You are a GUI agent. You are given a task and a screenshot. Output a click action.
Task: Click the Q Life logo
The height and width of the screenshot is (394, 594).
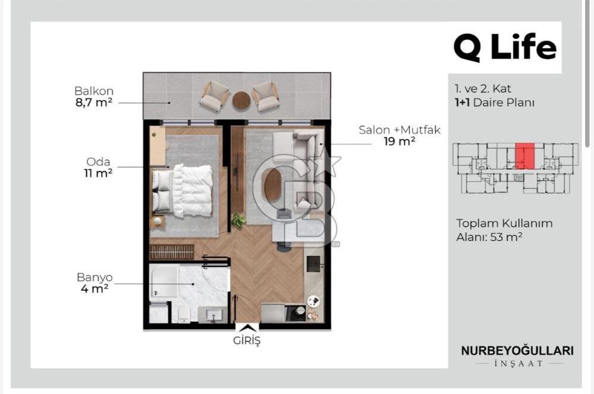(505, 47)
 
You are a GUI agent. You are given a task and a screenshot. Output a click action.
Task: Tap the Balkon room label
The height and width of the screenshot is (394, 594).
(94, 91)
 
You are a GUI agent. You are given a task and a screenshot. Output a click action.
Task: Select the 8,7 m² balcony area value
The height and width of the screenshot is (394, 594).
(94, 103)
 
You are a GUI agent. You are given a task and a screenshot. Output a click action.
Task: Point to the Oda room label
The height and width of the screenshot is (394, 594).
(98, 161)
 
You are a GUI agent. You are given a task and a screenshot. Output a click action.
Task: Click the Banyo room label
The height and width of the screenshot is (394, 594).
(94, 278)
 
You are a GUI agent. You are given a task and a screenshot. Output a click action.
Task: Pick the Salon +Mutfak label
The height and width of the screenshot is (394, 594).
(399, 130)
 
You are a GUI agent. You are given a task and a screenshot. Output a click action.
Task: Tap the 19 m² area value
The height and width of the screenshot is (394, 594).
(399, 142)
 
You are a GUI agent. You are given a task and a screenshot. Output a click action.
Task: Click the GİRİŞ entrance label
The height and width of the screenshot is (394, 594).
(247, 340)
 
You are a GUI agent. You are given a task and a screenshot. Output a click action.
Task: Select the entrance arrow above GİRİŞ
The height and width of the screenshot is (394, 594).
(247, 328)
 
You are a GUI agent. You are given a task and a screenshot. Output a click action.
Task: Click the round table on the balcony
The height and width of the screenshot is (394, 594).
(241, 101)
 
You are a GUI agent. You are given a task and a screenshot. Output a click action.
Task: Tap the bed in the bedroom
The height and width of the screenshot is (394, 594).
(182, 191)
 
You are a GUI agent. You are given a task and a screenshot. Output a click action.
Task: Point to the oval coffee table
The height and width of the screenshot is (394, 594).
(273, 185)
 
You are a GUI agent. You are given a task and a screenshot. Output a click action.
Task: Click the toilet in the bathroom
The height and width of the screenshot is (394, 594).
(184, 314)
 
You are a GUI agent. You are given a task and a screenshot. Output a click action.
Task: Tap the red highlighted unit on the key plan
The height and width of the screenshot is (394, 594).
(525, 156)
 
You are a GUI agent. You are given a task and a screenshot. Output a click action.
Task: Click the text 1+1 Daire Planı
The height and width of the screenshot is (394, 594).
(494, 103)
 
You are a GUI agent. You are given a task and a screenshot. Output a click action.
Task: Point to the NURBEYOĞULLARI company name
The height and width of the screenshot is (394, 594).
(517, 351)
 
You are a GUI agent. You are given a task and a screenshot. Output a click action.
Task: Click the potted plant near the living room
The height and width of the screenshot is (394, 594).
(238, 220)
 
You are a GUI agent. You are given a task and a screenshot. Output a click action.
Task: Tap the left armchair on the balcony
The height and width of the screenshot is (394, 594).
(214, 96)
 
